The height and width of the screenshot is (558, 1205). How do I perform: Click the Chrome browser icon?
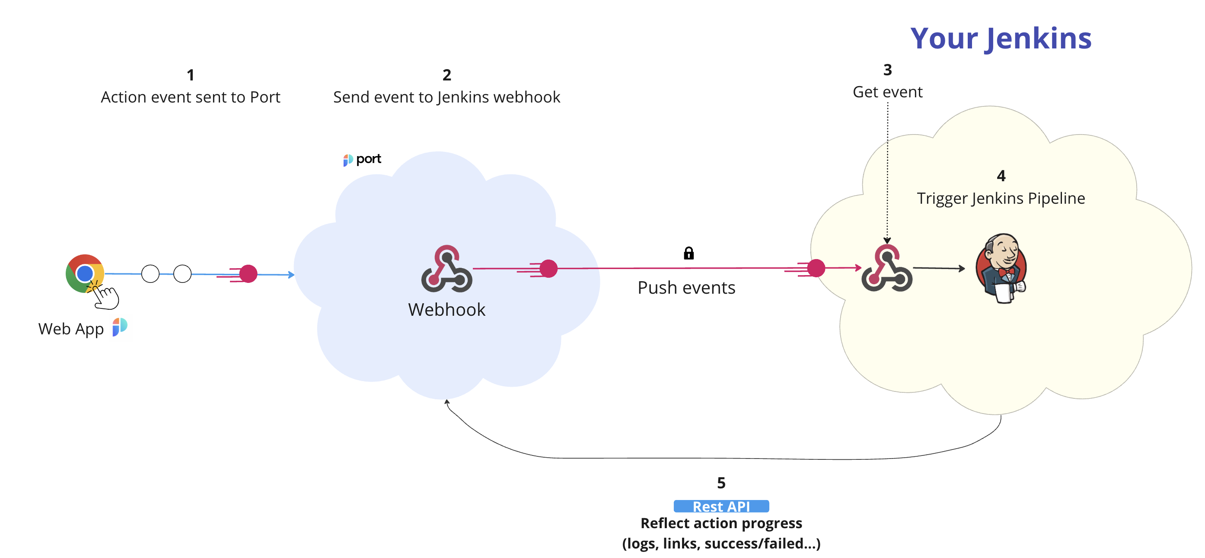85,273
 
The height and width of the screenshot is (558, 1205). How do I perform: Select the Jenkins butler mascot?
1002,268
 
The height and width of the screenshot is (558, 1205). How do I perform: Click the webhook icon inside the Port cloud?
447,269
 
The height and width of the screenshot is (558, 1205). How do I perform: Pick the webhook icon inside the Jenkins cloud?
887,268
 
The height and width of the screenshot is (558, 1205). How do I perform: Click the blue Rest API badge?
721,506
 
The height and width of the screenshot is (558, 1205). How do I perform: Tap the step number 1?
190,75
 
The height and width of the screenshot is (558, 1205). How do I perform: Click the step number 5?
721,483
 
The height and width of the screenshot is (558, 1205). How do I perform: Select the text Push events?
686,287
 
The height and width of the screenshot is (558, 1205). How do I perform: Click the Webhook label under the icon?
447,309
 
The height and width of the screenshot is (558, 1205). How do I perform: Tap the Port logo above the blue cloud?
363,160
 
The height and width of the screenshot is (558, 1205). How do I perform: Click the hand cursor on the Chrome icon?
105,297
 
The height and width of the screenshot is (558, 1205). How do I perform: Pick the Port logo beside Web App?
120,327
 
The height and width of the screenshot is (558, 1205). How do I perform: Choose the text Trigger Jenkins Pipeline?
1001,199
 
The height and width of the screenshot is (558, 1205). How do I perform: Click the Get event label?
887,92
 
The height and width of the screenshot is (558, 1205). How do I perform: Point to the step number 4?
1001,176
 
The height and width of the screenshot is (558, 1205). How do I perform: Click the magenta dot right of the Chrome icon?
249,274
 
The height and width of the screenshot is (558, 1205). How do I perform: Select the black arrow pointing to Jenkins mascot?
939,268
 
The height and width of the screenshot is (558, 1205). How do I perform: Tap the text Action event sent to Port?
190,97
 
